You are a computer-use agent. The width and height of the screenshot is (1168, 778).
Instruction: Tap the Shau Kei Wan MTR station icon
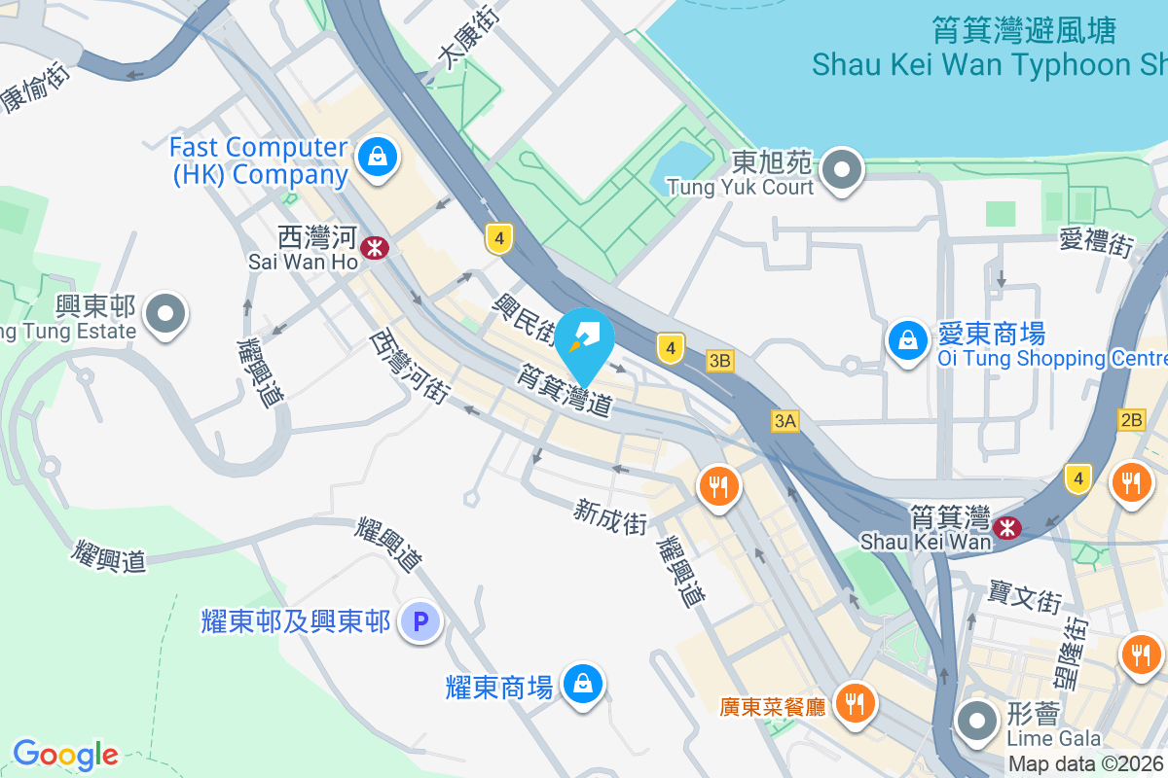pos(1006,527)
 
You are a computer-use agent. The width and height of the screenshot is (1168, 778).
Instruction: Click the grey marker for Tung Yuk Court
pos(841,172)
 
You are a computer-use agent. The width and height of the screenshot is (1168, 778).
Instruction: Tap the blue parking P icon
pos(421,620)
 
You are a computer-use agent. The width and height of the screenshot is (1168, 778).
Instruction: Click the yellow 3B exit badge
pos(719,361)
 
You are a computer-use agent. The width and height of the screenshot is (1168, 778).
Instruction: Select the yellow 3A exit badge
pos(785,420)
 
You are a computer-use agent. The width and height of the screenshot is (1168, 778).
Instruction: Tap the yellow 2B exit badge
pos(1132,420)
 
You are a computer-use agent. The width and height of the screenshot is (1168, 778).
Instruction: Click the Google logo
pos(65,754)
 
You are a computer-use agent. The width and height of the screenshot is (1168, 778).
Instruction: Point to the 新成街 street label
pos(610,515)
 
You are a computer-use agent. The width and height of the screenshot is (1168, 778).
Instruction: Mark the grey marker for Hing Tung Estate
pos(165,314)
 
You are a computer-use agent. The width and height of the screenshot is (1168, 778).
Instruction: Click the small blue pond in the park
pos(681,161)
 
